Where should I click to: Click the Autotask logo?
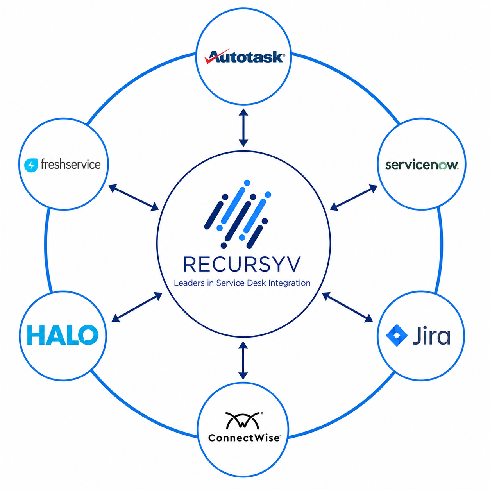244,56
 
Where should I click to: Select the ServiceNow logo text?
421,165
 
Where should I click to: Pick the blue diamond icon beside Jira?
397,335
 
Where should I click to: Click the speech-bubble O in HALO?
88,335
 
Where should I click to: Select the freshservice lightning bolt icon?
31,165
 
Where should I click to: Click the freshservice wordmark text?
71,164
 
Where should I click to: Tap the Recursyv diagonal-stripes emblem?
238,214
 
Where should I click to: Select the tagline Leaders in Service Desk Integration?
242,283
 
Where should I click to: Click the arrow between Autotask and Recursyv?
243,128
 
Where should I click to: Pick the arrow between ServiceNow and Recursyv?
354,198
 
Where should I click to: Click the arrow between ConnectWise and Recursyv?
243,360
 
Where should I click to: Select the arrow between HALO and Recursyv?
137,307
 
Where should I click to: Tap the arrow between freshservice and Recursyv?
134,198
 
